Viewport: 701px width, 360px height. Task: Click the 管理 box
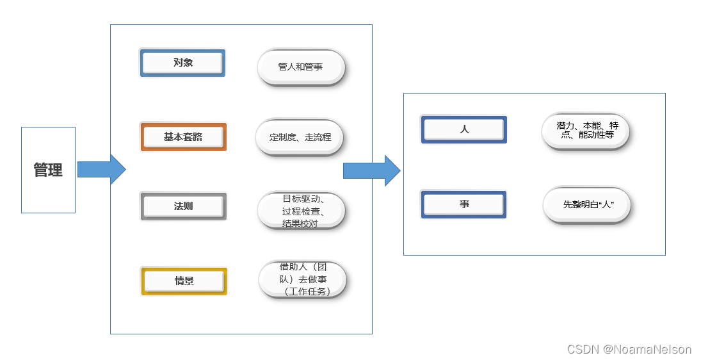tap(48, 170)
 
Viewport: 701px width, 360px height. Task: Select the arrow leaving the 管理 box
tap(101, 169)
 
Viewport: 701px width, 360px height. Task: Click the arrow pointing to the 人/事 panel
tap(371, 170)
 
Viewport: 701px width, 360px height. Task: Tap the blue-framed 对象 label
tap(182, 63)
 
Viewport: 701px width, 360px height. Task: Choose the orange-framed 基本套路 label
tap(183, 137)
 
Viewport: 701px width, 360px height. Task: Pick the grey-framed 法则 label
tap(183, 206)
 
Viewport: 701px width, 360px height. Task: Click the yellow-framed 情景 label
tap(184, 281)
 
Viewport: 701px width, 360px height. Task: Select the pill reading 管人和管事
tap(301, 67)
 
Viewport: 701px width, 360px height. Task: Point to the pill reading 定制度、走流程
tap(300, 136)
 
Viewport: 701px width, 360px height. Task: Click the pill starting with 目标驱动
tap(301, 211)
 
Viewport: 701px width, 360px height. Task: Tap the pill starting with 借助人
tap(303, 279)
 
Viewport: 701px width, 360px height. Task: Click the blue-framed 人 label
tap(464, 129)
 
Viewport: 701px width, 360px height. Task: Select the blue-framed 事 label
tap(463, 204)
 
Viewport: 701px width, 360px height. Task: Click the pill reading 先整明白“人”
tap(587, 205)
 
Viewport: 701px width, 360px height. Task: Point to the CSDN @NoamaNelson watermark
tap(629, 349)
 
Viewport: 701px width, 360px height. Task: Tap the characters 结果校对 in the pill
tap(300, 224)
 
